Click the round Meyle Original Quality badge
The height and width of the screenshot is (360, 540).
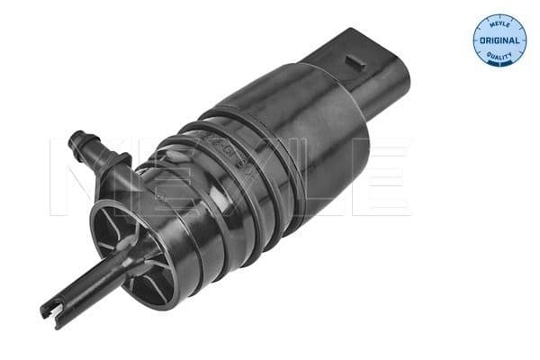499,40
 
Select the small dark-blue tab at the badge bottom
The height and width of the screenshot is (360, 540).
499,64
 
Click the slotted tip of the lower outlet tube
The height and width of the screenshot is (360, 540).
49,311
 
